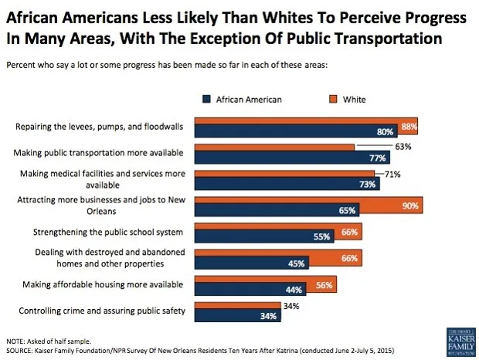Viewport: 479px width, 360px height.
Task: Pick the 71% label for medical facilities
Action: point(392,175)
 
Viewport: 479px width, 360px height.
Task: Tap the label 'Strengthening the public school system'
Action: point(108,232)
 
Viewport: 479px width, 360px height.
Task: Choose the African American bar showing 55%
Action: point(263,236)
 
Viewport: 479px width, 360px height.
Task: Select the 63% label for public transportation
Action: point(403,145)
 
